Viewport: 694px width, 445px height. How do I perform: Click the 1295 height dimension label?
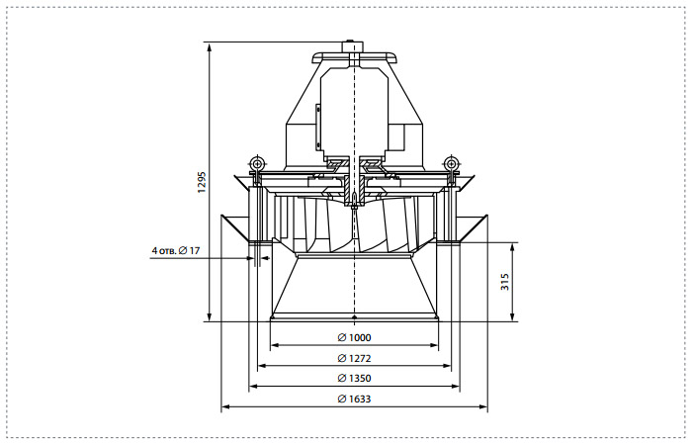(x=202, y=182)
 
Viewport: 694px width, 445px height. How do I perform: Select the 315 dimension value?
(x=505, y=282)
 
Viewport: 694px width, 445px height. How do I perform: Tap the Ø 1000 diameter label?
(x=354, y=338)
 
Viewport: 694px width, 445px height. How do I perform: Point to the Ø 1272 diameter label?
(x=354, y=358)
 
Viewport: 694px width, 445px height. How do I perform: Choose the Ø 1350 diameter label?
(x=354, y=378)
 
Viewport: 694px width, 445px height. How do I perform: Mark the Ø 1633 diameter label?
(x=354, y=399)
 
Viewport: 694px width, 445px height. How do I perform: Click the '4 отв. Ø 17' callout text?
(x=176, y=250)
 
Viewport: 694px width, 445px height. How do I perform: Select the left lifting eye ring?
(x=257, y=162)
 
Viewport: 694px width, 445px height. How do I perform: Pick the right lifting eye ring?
(x=451, y=162)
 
